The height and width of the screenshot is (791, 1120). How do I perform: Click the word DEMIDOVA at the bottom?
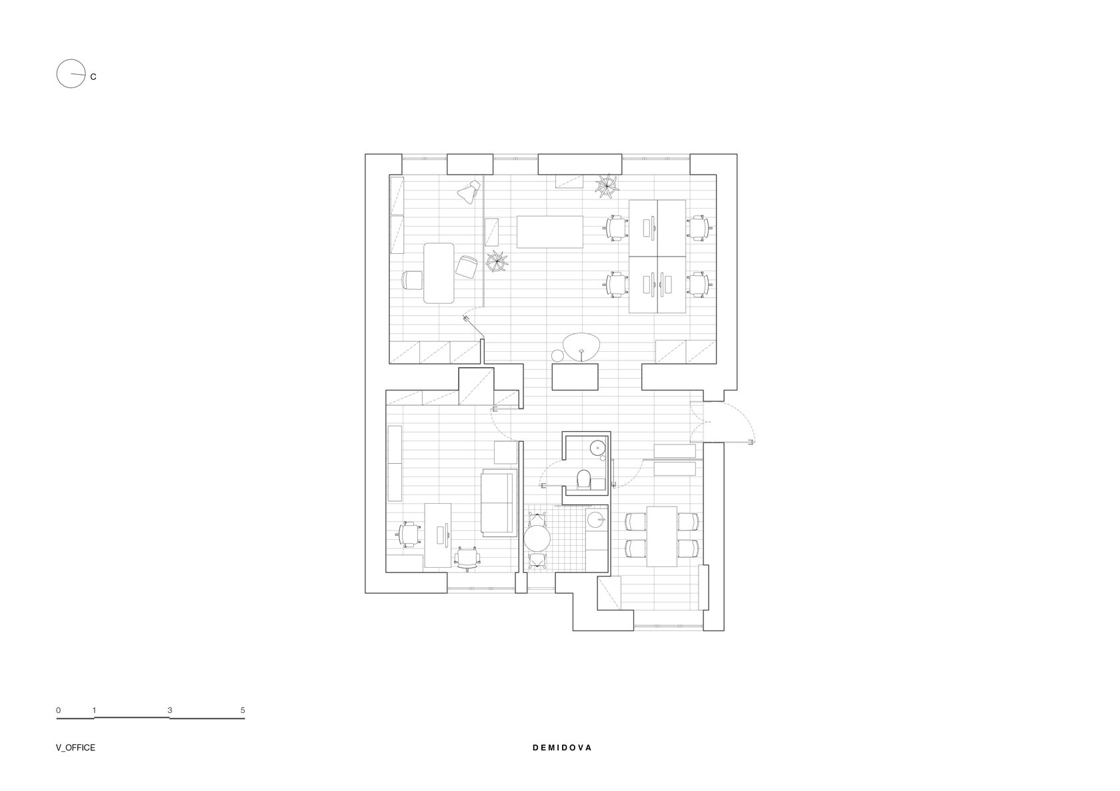pyautogui.click(x=562, y=748)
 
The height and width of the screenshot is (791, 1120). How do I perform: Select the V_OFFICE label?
pyautogui.click(x=75, y=748)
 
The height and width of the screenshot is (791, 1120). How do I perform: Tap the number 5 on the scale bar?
pyautogui.click(x=243, y=710)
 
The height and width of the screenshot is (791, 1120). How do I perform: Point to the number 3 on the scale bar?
pyautogui.click(x=170, y=710)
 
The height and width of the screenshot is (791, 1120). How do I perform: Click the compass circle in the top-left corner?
pyautogui.click(x=57, y=74)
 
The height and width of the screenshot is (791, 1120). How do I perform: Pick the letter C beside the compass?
pyautogui.click(x=93, y=77)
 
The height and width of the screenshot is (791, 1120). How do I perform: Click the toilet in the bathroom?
pyautogui.click(x=583, y=479)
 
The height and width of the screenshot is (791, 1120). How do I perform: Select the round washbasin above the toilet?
pyautogui.click(x=597, y=446)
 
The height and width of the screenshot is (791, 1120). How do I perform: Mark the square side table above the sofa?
pyautogui.click(x=506, y=452)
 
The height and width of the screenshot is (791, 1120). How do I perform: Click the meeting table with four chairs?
pyautogui.click(x=662, y=536)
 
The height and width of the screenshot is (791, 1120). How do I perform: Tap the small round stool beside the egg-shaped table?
pyautogui.click(x=557, y=356)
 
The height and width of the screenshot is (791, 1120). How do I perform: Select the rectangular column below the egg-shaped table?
pyautogui.click(x=575, y=377)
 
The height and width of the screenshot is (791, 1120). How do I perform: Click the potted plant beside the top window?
pyautogui.click(x=607, y=187)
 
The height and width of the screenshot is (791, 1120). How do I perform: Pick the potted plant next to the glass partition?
pyautogui.click(x=497, y=261)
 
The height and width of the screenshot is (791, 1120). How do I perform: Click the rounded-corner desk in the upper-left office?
pyautogui.click(x=439, y=273)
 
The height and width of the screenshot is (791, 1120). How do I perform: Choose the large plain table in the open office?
pyautogui.click(x=550, y=232)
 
